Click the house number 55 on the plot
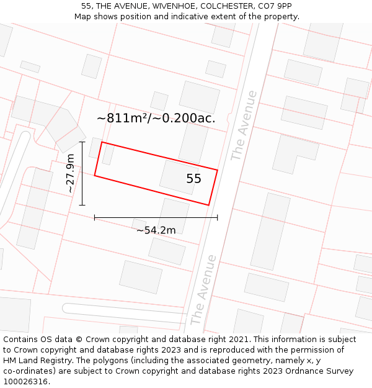193,179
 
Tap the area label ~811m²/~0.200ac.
156,118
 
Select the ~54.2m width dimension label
156,230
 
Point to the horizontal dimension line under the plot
156,217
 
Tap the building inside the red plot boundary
177,177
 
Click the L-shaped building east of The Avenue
292,153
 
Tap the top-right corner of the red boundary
218,169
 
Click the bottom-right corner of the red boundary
209,205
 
